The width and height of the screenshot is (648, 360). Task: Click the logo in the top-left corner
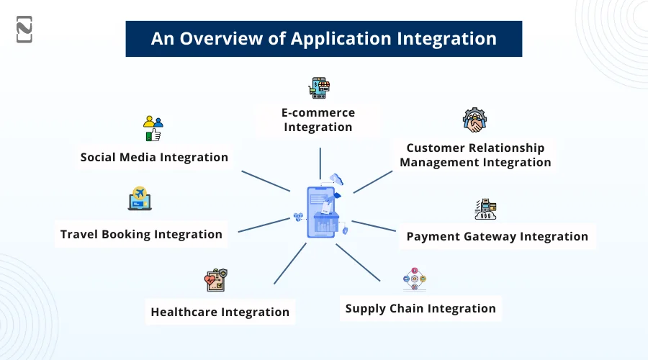(x=24, y=29)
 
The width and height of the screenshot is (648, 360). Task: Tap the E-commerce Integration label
(x=318, y=120)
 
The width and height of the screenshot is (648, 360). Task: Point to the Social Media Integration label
(x=154, y=157)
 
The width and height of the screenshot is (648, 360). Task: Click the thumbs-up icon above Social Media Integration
(x=153, y=128)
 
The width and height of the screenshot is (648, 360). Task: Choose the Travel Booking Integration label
(x=141, y=234)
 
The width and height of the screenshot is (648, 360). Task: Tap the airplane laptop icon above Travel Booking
(x=140, y=199)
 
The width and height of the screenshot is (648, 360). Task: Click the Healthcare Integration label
(x=220, y=312)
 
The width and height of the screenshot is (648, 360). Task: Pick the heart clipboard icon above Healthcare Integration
(x=216, y=279)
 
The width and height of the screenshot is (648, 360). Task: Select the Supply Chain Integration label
(x=420, y=308)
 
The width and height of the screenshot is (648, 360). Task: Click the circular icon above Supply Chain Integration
(x=415, y=279)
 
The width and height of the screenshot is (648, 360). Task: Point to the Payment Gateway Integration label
(x=497, y=236)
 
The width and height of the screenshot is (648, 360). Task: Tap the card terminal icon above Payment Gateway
(x=485, y=209)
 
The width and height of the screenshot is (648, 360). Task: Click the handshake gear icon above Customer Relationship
(x=475, y=121)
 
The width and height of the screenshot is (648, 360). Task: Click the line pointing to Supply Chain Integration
(x=357, y=262)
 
